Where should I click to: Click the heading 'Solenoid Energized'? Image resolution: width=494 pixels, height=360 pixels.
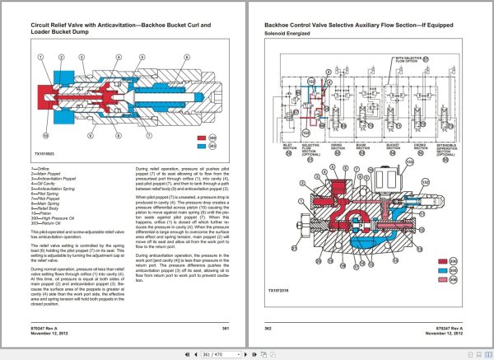coord(286,35)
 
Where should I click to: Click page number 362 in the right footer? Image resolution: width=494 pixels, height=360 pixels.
coord(268,327)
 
